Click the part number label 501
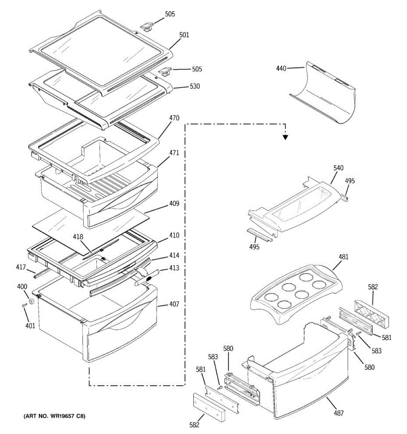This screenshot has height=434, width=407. [x=184, y=35]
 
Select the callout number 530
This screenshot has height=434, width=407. [x=195, y=86]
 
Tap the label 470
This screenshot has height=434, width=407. [x=174, y=118]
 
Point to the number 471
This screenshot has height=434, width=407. [x=174, y=153]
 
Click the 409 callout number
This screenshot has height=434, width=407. [x=174, y=204]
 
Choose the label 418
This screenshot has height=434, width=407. [x=78, y=237]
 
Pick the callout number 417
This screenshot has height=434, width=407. [x=21, y=267]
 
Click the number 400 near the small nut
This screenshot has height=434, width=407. [x=22, y=287]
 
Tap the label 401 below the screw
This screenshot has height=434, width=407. [x=30, y=326]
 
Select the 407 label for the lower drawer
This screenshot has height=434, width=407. [x=174, y=305]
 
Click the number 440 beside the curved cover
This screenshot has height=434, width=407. [x=281, y=68]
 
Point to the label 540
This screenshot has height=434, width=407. [x=339, y=168]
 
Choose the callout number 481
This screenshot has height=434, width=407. [x=344, y=257]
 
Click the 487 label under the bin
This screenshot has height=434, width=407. [x=339, y=413]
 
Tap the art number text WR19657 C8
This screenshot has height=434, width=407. [x=54, y=416]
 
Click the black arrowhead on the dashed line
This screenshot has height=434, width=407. [x=285, y=137]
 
